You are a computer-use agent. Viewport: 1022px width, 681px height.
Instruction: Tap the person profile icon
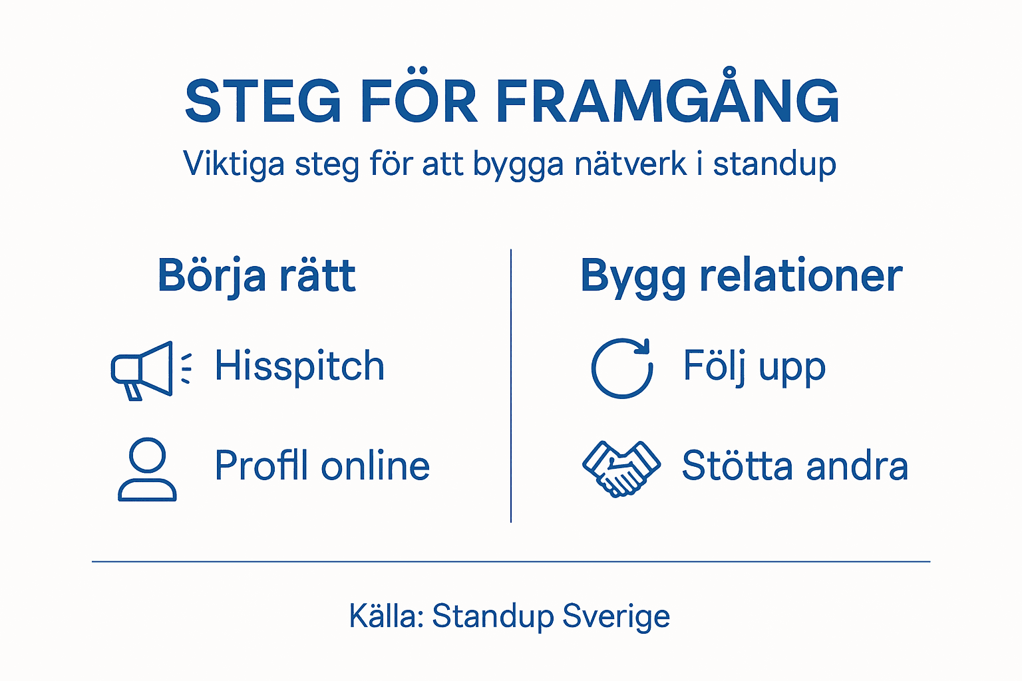click(x=147, y=470)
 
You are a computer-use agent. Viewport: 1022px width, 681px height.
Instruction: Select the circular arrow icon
click(x=622, y=368)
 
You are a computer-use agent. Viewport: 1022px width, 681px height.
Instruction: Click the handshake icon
click(x=621, y=468)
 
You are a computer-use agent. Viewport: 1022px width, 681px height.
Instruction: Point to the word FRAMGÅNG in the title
click(x=667, y=100)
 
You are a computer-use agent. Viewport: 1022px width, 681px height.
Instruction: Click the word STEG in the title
click(x=263, y=102)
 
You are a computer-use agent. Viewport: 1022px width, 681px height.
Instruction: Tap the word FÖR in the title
click(x=419, y=100)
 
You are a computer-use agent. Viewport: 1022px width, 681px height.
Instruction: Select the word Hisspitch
click(x=299, y=366)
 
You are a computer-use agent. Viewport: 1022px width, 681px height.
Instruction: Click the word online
click(x=375, y=466)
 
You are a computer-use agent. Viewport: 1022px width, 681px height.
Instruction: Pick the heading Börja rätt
click(x=257, y=275)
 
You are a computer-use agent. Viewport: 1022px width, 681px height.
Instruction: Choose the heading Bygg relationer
click(x=741, y=275)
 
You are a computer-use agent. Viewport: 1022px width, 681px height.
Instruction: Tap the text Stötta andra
click(x=795, y=466)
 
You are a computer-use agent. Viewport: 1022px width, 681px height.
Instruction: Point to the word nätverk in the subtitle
click(x=631, y=164)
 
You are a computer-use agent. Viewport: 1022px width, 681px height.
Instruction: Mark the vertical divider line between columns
click(x=511, y=386)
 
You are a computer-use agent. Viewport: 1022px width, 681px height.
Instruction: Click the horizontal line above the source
click(x=511, y=562)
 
